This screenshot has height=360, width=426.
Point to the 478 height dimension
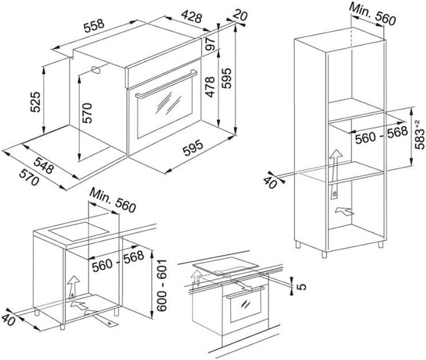pyautogui.click(x=209, y=87)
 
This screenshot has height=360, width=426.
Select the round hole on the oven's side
pyautogui.click(x=95, y=70)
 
